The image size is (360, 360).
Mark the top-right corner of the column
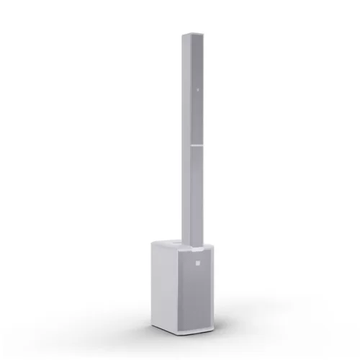click(x=201, y=35)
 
